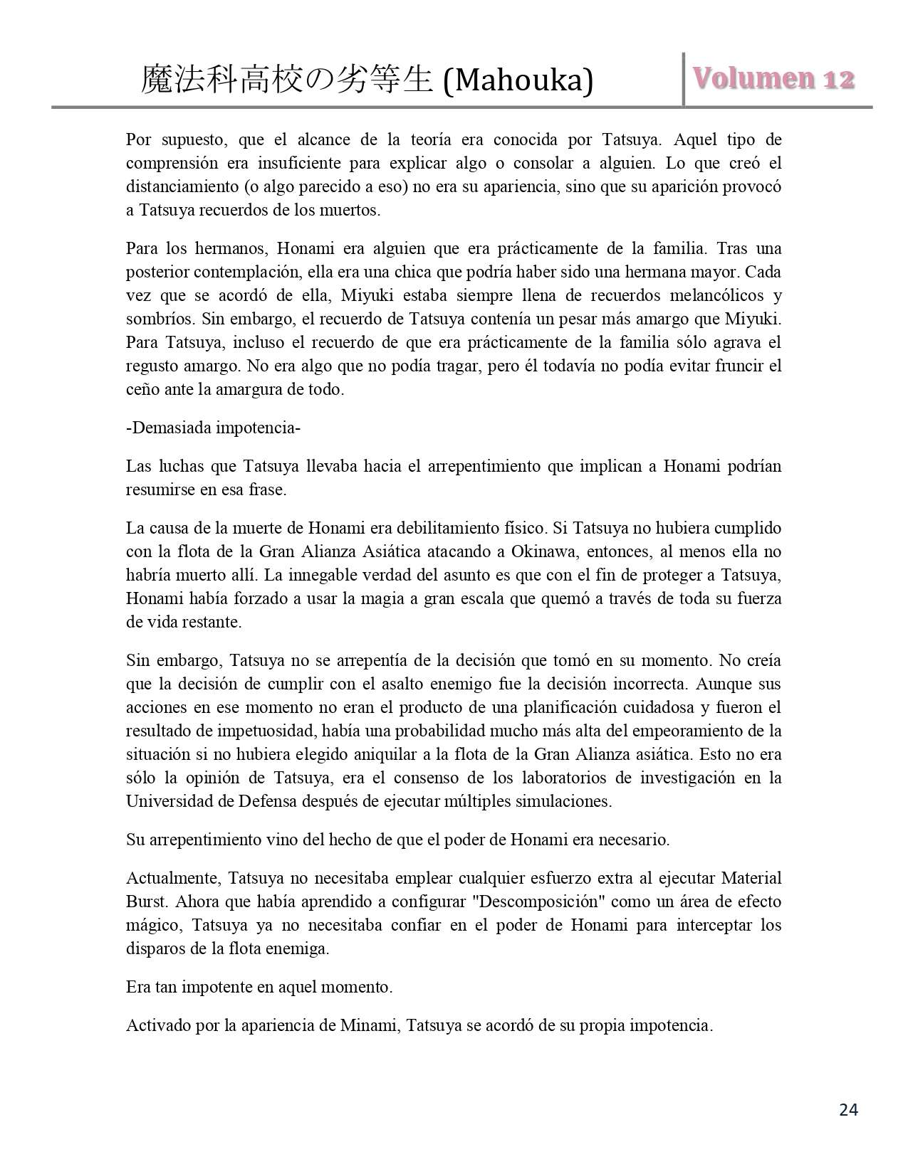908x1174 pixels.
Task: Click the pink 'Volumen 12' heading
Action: pos(773,79)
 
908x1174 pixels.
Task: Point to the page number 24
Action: pos(848,1110)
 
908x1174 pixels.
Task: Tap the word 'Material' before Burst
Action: pos(751,878)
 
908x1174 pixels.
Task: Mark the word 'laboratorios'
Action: pos(580,778)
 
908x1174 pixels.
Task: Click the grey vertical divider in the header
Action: pos(684,79)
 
